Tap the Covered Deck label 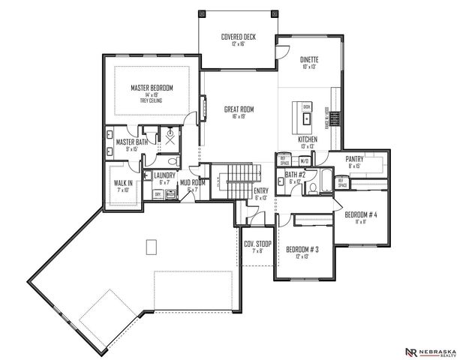pos(239,40)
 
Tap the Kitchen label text pos(308,141)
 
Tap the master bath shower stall pos(170,137)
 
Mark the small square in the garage pos(151,246)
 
